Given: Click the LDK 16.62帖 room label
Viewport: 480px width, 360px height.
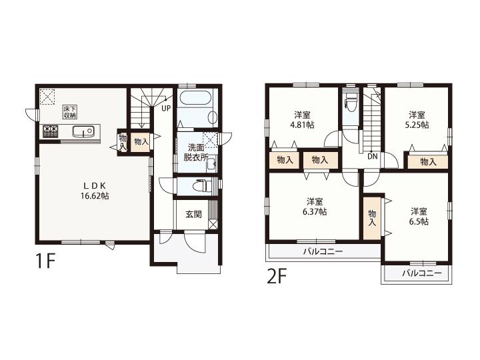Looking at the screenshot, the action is pyautogui.click(x=95, y=191).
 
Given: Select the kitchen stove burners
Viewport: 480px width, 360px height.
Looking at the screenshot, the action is pyautogui.click(x=50, y=131).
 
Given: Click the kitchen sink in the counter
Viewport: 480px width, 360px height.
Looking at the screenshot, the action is pyautogui.click(x=83, y=131).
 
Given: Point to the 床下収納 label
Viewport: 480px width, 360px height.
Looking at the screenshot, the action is pyautogui.click(x=70, y=112).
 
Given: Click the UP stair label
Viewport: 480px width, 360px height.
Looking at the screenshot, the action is pyautogui.click(x=166, y=109).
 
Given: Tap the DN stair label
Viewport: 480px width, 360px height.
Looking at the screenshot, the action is pyautogui.click(x=372, y=157).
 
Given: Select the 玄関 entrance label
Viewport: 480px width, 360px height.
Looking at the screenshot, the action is pyautogui.click(x=193, y=214).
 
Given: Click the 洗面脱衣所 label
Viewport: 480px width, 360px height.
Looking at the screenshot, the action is pyautogui.click(x=196, y=152).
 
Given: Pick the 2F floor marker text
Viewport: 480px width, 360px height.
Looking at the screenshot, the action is pyautogui.click(x=277, y=277).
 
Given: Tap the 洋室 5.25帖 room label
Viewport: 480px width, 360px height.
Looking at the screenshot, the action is pyautogui.click(x=417, y=120).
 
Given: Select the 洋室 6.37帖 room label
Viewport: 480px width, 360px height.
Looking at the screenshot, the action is pyautogui.click(x=315, y=207).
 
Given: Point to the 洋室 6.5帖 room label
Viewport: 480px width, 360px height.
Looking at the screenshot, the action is pyautogui.click(x=419, y=217).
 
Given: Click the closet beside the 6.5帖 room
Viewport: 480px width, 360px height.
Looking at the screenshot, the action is pyautogui.click(x=372, y=218).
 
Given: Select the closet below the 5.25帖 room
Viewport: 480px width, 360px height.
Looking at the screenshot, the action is pyautogui.click(x=428, y=161).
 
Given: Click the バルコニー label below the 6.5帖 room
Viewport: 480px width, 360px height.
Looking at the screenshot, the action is pyautogui.click(x=422, y=273).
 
